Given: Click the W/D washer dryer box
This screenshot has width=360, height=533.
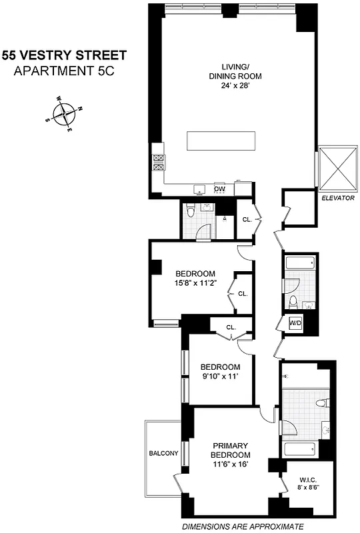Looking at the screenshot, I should coord(295,323).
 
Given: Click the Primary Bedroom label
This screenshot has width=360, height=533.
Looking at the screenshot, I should coord(231,450).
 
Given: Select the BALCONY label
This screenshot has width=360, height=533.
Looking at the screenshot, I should coord(164,454).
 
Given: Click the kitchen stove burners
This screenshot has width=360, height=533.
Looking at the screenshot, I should coord(159,163).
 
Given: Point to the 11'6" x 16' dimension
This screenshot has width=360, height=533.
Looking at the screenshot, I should coord(231,464).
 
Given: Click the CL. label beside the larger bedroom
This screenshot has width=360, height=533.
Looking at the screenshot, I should coord(242,293).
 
